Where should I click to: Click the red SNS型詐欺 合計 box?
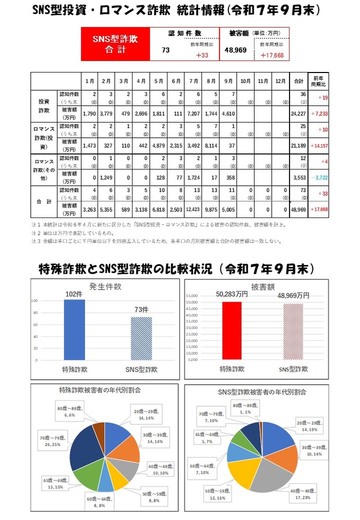(x=116, y=44)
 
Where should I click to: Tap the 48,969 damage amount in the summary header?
(x=235, y=51)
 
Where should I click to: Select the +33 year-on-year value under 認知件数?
(x=202, y=55)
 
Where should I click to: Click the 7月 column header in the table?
(x=194, y=81)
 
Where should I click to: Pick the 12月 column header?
(x=281, y=81)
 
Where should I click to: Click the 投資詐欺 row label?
(x=44, y=106)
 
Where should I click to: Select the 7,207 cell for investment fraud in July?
(x=194, y=113)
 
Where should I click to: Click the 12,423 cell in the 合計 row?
(x=194, y=209)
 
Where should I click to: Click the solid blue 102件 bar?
(x=75, y=329)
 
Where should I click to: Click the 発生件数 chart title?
(x=106, y=286)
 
